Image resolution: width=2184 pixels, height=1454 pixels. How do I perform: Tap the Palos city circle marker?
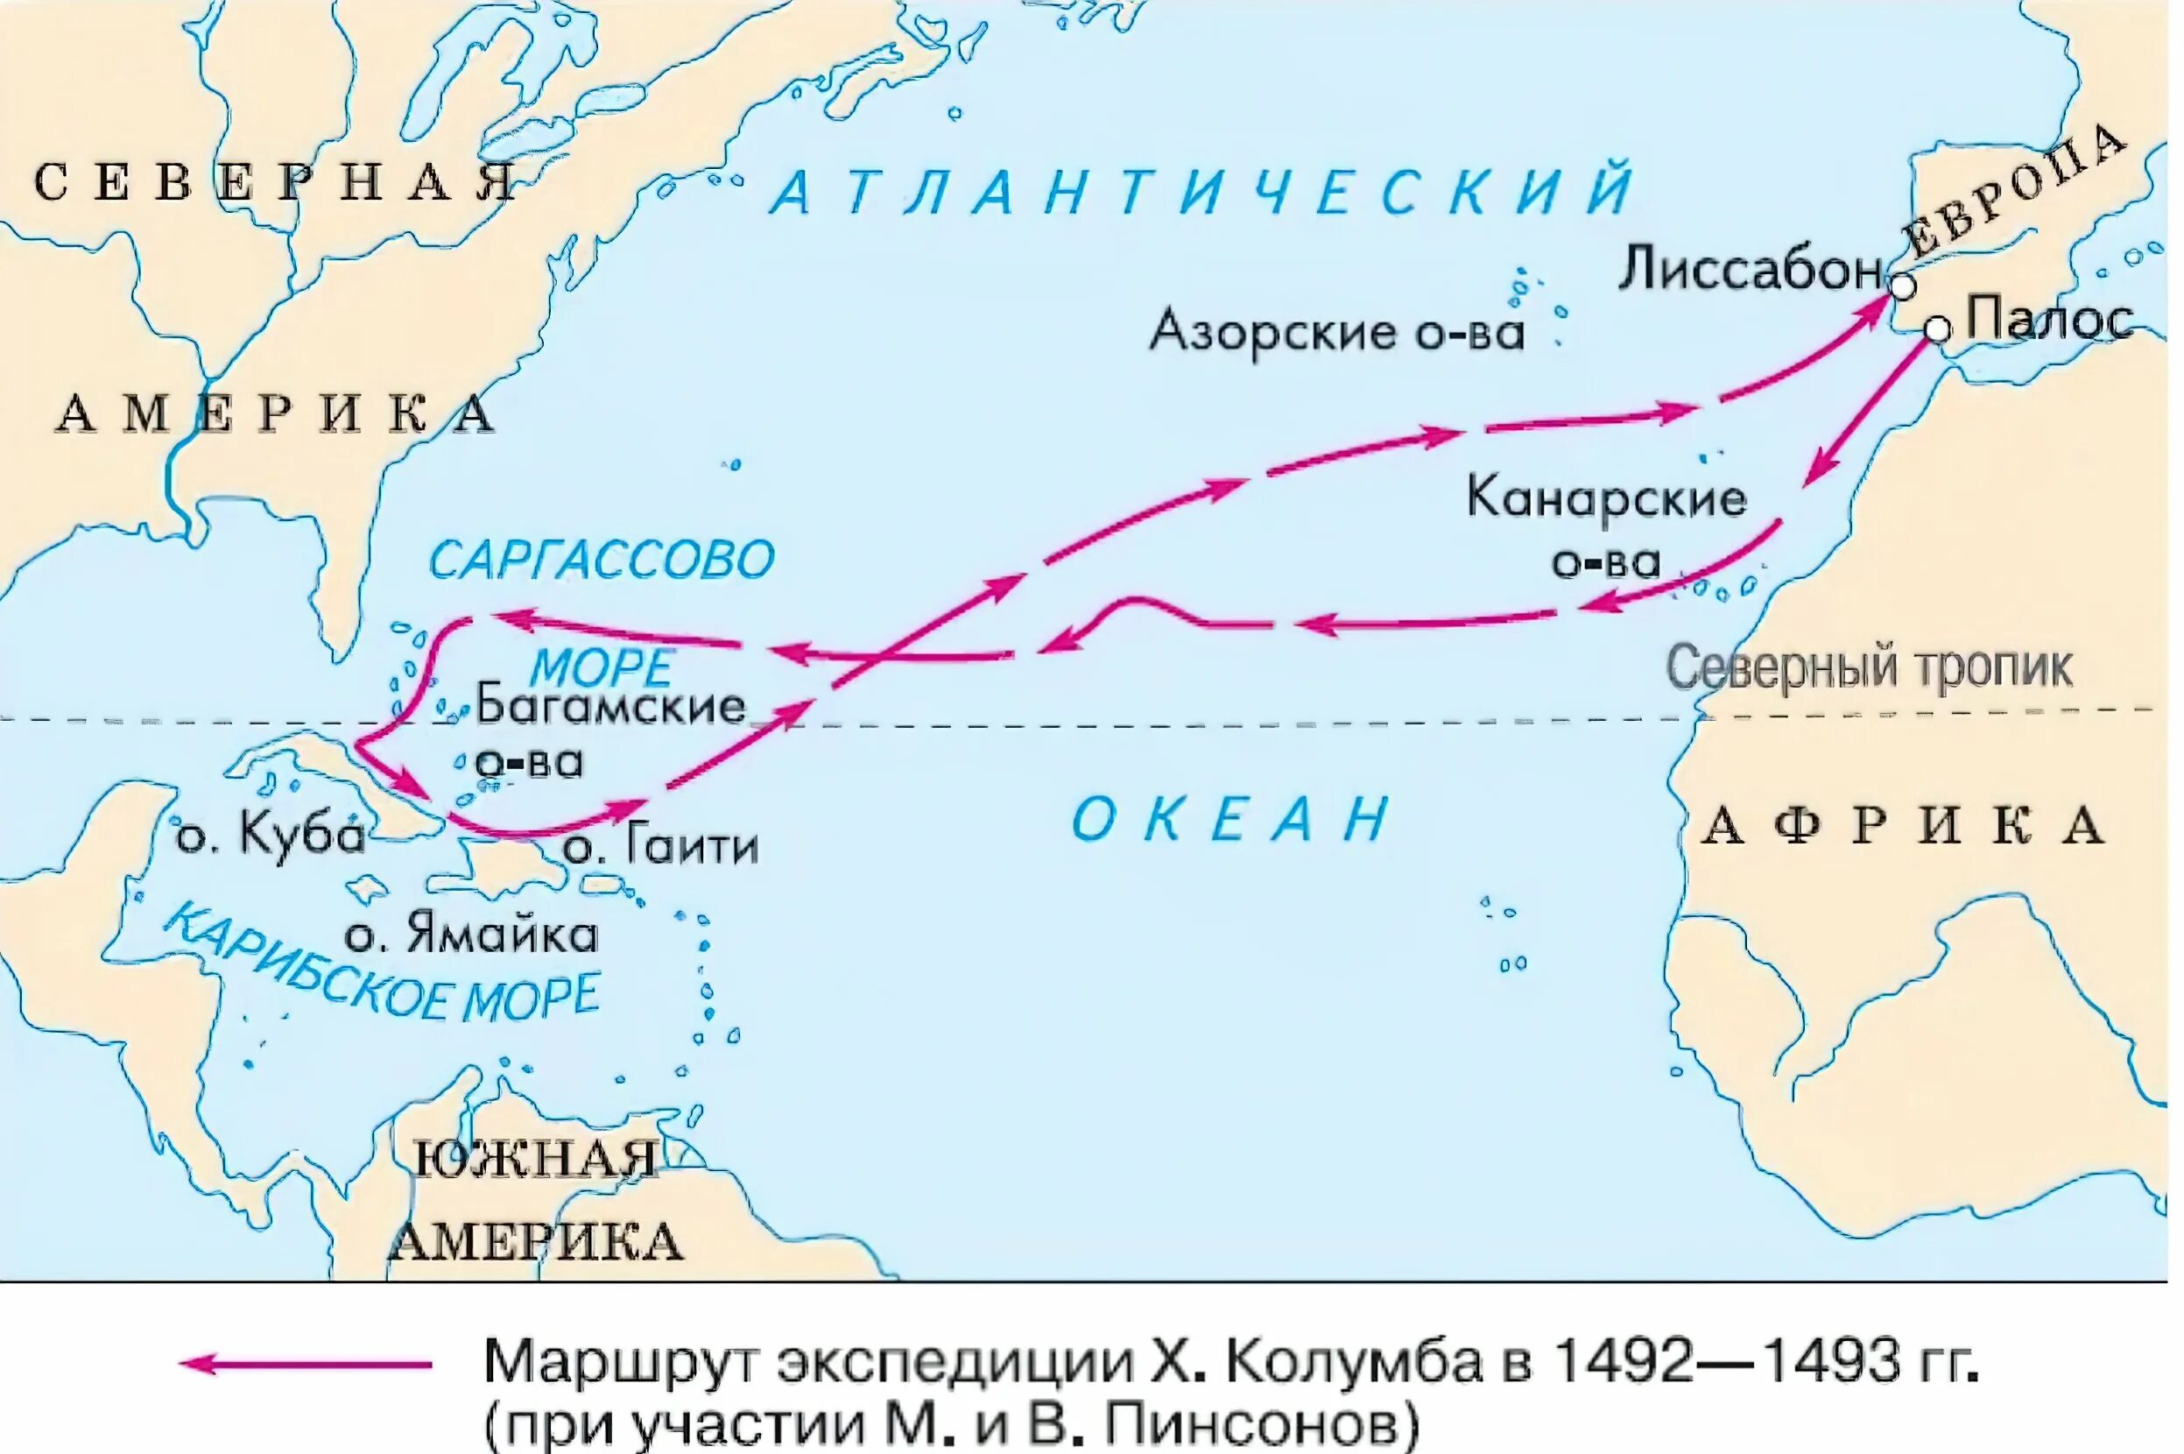click(x=1936, y=328)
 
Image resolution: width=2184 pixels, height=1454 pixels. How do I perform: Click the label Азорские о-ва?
click(x=1336, y=332)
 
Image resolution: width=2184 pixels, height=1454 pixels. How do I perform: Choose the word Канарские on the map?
click(x=1605, y=499)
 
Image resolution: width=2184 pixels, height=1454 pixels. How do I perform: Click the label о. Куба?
click(x=270, y=836)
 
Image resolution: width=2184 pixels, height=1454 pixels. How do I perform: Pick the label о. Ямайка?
click(x=471, y=935)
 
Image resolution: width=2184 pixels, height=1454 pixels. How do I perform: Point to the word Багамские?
click(x=611, y=707)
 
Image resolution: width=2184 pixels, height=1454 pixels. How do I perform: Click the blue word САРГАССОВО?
click(x=602, y=560)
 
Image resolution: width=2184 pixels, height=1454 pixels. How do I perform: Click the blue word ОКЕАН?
click(x=1230, y=819)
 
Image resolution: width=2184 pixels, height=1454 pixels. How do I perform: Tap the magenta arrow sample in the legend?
click(x=306, y=1364)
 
